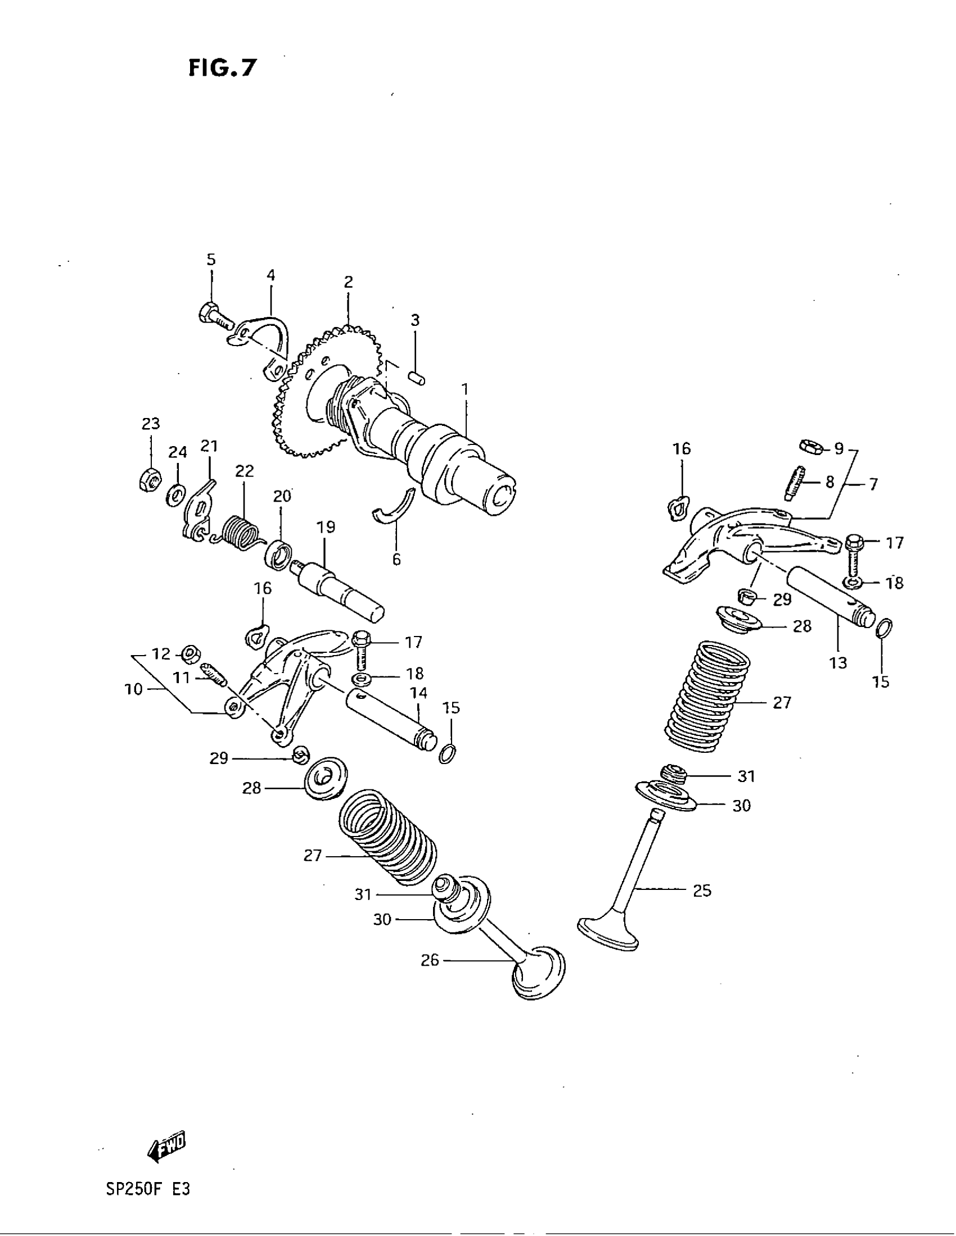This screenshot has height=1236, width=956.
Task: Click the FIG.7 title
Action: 222,68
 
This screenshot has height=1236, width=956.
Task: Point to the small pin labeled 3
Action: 418,377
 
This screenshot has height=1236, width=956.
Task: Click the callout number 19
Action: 326,528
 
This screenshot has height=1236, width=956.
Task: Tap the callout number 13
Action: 838,662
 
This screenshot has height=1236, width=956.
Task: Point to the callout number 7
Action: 873,484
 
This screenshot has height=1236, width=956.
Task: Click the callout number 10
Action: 134,689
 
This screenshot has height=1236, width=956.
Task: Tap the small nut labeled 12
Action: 190,654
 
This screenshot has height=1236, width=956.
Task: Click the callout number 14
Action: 419,693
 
